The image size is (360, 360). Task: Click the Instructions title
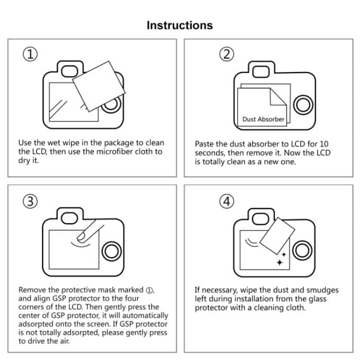(179, 25)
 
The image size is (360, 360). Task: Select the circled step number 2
(226, 55)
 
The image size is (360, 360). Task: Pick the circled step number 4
(226, 202)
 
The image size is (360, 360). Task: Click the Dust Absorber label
(263, 119)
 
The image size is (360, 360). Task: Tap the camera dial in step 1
(110, 105)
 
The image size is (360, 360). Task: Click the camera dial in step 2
(304, 105)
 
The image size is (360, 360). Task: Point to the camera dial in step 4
(304, 252)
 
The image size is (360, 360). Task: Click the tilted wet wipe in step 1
(99, 83)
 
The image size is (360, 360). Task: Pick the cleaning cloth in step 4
(278, 235)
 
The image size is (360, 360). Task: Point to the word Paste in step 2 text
(204, 145)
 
